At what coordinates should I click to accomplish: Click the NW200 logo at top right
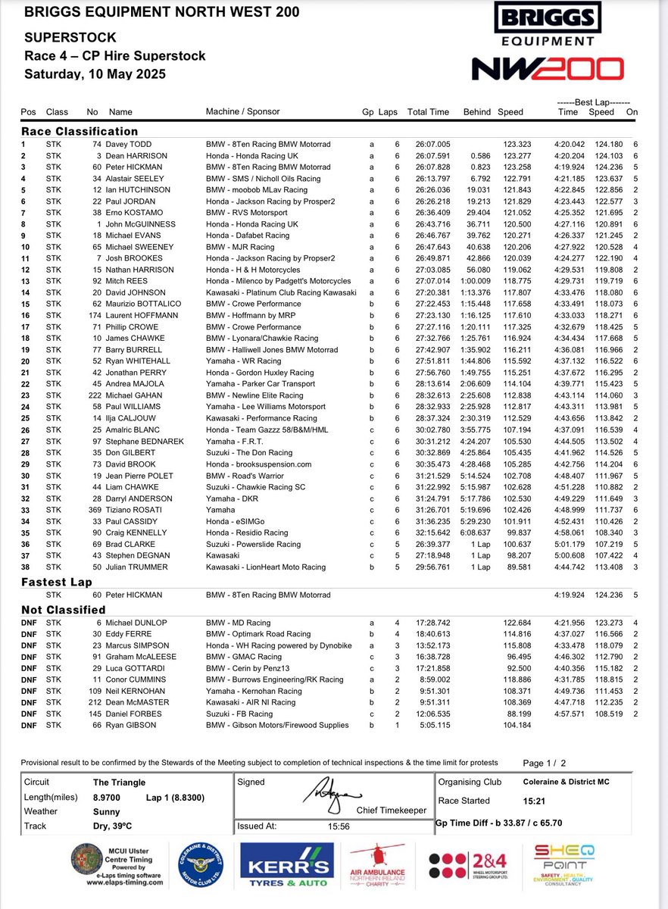click(x=548, y=69)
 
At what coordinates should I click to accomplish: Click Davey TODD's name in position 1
click(x=133, y=144)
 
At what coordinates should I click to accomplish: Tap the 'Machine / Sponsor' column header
click(x=242, y=112)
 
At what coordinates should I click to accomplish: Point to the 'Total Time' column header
click(x=428, y=112)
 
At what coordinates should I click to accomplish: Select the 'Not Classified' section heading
click(x=63, y=610)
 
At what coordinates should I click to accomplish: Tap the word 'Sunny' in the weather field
click(x=106, y=811)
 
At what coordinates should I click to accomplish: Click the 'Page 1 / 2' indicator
click(x=544, y=764)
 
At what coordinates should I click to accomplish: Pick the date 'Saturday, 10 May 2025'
click(x=95, y=74)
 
